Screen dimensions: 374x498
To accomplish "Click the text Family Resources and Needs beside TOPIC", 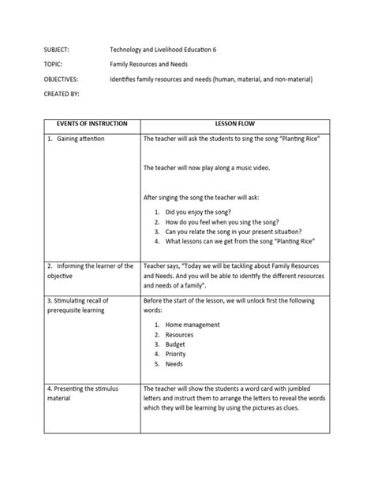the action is pos(150,65).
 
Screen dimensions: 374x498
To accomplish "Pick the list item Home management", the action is pos(193,325).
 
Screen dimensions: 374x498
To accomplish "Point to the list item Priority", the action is pos(176,355).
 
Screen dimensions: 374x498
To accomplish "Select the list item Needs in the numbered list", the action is pos(174,365).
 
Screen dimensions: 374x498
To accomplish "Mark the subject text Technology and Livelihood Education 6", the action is pos(163,50).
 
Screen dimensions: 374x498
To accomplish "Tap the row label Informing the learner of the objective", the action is pos(90,272).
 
